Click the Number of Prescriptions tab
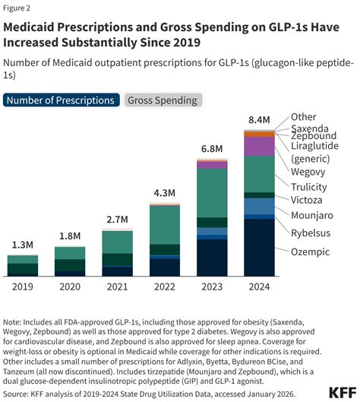[62, 100]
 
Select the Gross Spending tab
[162, 100]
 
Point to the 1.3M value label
[23, 245]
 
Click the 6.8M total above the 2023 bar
[211, 148]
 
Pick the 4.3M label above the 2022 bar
[164, 193]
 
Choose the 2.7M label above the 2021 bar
[117, 220]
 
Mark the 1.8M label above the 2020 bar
[70, 236]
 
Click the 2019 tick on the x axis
[23, 287]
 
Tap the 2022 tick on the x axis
[164, 287]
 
